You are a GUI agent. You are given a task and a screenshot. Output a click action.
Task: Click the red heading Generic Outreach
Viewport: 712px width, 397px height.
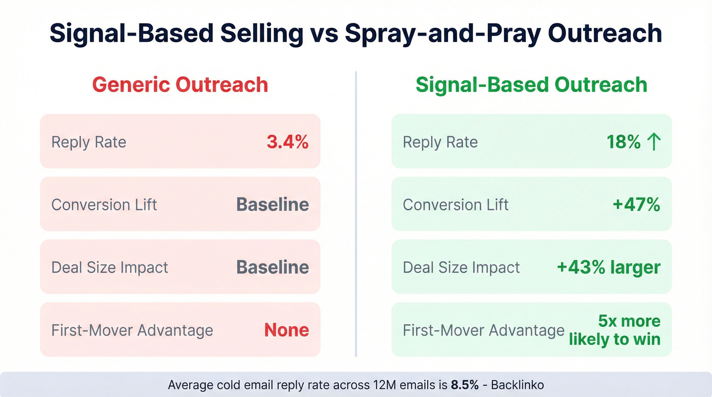pos(180,84)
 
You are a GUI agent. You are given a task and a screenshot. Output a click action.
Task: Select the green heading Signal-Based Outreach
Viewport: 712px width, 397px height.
pos(531,84)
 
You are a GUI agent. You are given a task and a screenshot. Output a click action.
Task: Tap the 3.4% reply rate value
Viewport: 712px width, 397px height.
pos(287,142)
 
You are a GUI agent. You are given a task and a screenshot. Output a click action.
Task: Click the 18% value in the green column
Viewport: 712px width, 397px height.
pos(624,142)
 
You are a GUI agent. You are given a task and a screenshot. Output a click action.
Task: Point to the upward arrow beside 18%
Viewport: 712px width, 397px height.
pos(654,142)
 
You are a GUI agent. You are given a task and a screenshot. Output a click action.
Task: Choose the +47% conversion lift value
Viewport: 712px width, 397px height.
pos(636,204)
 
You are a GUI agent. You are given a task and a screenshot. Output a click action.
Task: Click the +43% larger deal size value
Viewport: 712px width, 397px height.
pos(609,267)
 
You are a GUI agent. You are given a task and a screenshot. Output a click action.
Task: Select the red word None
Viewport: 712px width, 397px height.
pos(286,330)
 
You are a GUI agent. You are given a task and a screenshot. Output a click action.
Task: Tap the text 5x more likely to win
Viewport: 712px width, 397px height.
pos(615,330)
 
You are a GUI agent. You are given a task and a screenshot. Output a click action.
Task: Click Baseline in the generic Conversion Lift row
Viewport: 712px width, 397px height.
pos(273,204)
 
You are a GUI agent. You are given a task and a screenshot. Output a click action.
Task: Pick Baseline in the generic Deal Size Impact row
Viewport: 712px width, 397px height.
pos(273,267)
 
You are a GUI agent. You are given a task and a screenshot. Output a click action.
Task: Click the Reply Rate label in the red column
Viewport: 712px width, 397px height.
pos(88,142)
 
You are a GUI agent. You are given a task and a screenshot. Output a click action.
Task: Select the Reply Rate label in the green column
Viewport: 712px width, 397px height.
pos(440,142)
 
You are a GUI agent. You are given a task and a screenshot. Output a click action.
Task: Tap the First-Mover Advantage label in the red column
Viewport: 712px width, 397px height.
pos(132,330)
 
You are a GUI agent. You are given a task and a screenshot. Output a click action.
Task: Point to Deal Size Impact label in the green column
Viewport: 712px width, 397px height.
pos(461,267)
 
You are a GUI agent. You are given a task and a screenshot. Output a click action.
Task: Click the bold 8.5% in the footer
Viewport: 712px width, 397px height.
pos(464,385)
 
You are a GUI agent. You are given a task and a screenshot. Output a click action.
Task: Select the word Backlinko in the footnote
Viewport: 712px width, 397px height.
pos(516,385)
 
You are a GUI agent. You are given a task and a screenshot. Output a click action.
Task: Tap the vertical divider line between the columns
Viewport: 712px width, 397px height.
pos(356,213)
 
